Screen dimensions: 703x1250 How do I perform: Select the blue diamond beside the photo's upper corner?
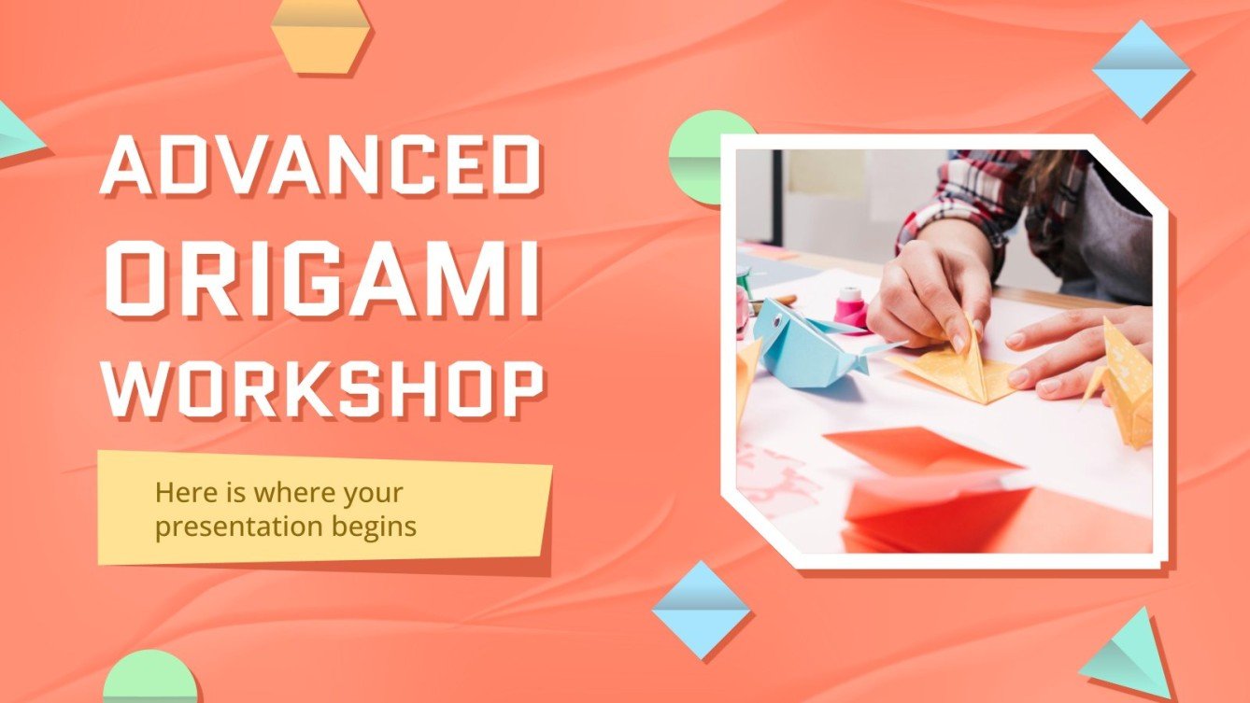tap(1141, 69)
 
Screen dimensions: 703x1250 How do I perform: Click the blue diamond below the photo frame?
tap(701, 610)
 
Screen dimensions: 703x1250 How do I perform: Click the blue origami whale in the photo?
tap(799, 343)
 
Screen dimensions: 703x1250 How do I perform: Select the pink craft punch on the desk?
tap(852, 308)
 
